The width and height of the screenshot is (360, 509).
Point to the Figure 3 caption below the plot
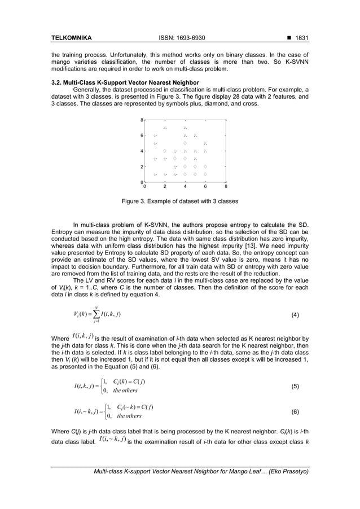pos(179,201)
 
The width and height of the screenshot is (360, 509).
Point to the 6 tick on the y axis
pos(142,135)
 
